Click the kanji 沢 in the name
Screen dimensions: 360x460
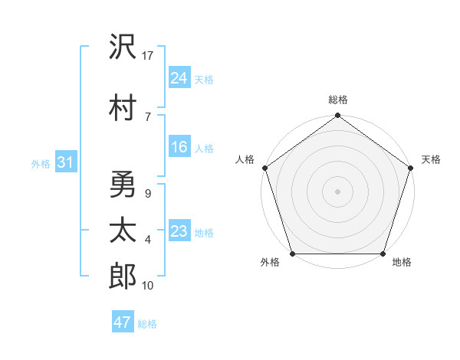coord(123,48)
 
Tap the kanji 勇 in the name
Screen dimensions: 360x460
coord(123,183)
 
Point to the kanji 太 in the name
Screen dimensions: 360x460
coord(123,231)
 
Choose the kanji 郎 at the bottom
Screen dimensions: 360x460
coord(123,276)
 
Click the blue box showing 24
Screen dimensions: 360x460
coord(179,77)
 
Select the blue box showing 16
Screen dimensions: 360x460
coord(179,147)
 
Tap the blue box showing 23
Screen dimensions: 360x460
coord(179,231)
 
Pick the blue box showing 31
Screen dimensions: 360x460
coord(65,162)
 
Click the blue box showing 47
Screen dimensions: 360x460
coord(123,322)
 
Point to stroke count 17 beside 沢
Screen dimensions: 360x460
coord(149,56)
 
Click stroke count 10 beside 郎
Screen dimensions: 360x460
coord(149,286)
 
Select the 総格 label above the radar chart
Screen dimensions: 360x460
coord(338,100)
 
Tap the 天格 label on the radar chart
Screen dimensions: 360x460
coord(432,159)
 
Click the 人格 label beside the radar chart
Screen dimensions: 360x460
coord(245,159)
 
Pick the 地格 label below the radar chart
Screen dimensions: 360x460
coord(402,263)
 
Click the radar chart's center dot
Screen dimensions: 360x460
coord(338,191)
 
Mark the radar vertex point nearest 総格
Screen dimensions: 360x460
coord(338,116)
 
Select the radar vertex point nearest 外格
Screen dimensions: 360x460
coord(292,254)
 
